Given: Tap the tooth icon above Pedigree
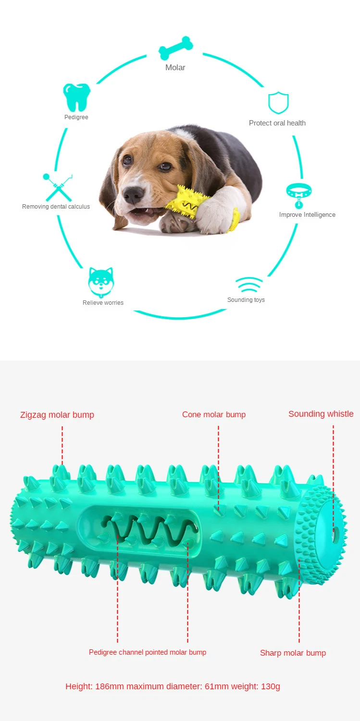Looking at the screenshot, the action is pos(76,97).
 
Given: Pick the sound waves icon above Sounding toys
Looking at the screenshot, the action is pos(249,285).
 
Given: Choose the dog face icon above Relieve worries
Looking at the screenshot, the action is pos(101,283).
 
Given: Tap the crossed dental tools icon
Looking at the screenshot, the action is pos(58,187).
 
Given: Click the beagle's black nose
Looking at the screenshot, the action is pos(133,194).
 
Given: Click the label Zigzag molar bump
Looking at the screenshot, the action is pos(57,415).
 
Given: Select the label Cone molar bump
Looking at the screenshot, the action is pos(214,414).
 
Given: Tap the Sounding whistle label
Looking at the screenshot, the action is pos(321,414).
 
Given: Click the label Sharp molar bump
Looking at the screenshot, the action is pos(293,653).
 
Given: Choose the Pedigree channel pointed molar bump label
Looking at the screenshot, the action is pos(148,652).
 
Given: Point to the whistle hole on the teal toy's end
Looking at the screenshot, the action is pos(335,533).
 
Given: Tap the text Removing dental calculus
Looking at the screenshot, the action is pos(56,207).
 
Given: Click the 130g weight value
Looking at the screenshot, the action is pos(271,686).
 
